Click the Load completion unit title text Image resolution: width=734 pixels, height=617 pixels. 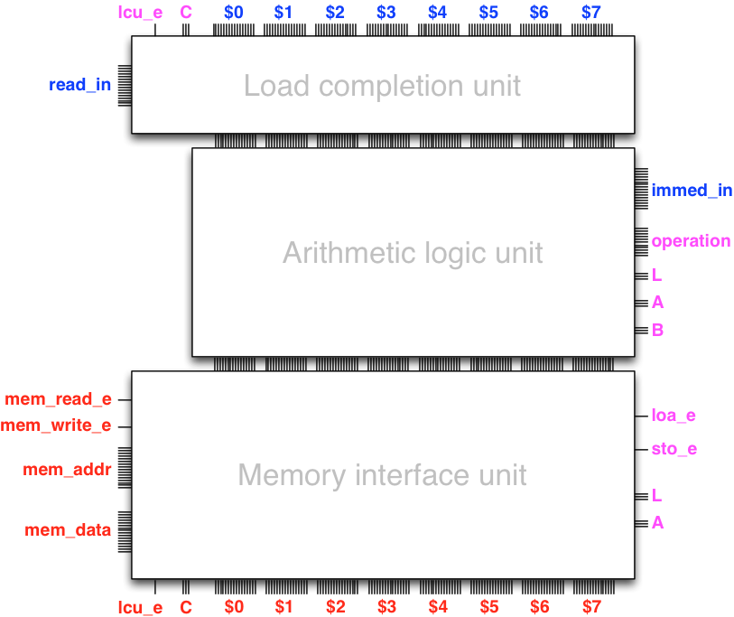[x=382, y=87]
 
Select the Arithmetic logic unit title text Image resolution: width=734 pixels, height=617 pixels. [x=413, y=252]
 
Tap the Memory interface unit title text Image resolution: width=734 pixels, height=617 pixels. [x=382, y=475]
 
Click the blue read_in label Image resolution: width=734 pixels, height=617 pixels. [x=80, y=86]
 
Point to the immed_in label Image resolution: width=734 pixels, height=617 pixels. [x=692, y=191]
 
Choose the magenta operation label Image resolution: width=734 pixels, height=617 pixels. [x=691, y=241]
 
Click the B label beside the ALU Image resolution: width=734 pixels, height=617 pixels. [x=657, y=331]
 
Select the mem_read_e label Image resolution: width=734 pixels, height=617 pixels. [x=58, y=399]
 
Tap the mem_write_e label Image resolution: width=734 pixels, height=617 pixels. [x=56, y=425]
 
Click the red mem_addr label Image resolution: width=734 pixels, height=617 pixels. [x=66, y=470]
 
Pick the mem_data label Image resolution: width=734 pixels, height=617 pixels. [x=68, y=530]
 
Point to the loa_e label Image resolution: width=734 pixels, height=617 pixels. [x=674, y=416]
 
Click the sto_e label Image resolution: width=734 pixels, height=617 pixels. [x=674, y=449]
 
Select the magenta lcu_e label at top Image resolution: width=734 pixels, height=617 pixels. [x=140, y=13]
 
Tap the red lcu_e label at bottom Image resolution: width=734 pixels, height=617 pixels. [x=140, y=607]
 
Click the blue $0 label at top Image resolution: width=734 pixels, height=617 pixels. [x=233, y=13]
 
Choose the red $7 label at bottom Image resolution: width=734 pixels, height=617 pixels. [x=591, y=607]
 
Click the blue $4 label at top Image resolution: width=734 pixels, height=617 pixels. [x=438, y=13]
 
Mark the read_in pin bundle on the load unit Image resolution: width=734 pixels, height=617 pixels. [x=125, y=85]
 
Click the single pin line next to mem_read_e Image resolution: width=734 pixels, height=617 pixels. [x=125, y=399]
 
